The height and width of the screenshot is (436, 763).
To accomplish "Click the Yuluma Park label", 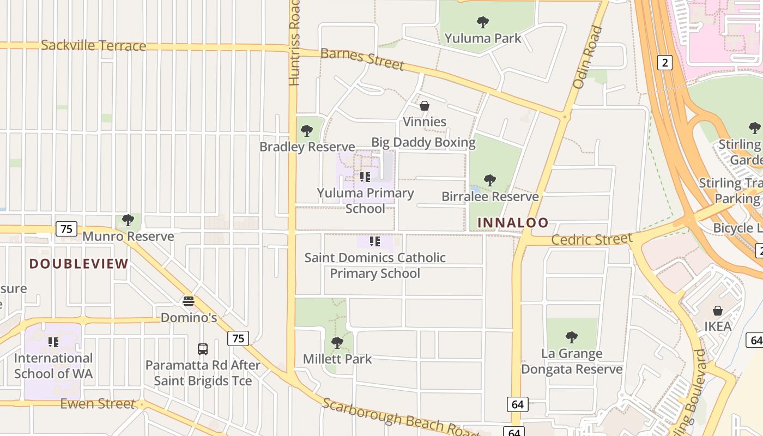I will coord(483,38).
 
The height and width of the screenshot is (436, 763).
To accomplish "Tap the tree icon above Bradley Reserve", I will coord(307,131).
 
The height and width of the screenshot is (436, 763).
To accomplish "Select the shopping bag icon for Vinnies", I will coord(425,106).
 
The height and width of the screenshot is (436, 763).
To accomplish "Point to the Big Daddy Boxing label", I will coord(423,143).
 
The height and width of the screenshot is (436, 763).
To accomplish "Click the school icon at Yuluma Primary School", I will coord(365,177).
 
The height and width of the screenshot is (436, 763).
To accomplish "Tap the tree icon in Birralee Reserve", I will coord(490,180).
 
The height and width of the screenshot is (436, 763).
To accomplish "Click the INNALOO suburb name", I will coord(513,222).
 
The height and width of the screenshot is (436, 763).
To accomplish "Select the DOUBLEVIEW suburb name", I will coord(79,264).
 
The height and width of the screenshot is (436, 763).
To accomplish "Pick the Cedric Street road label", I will coord(592,239).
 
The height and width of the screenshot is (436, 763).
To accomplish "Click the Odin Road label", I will coord(588,58).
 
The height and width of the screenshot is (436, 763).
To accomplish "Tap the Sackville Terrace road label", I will coord(93,45).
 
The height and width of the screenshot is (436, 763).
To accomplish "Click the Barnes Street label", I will coord(362,59).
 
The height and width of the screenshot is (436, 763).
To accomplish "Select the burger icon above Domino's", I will coord(189,301).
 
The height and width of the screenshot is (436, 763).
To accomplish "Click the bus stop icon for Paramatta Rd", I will coord(203,349).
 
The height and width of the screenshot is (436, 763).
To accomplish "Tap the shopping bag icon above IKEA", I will coord(718,311).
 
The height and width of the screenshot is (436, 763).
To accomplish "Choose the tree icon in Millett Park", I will coord(337,343).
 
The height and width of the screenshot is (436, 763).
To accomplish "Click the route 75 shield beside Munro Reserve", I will coord(66,228).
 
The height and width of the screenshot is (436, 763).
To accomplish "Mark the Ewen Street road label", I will coord(98,404).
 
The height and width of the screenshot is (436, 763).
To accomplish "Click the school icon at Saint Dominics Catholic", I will coord(374,241).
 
